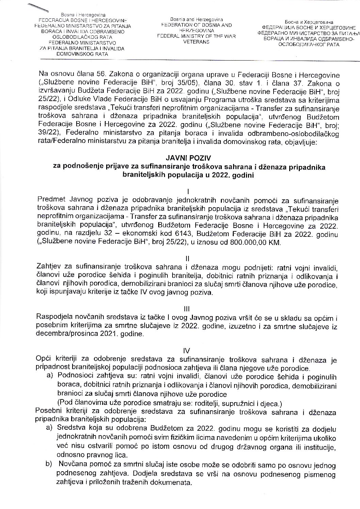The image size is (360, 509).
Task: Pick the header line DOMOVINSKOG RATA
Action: pyautogui.click(x=81, y=53)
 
